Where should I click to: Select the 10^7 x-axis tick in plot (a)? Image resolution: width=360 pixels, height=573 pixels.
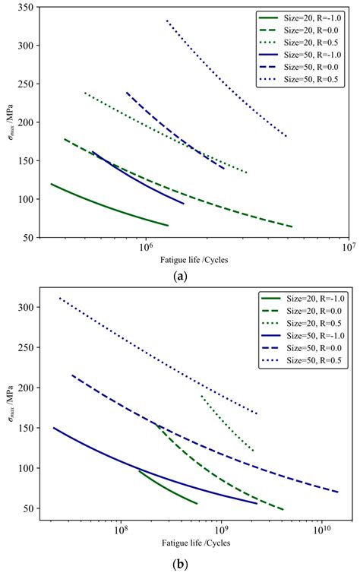pos(347,248)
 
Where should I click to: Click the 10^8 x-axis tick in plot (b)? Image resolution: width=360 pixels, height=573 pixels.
pos(120,526)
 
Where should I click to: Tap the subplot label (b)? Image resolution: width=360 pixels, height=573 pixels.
pos(181,563)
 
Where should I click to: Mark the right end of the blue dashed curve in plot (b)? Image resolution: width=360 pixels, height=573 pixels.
pos(338,492)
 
